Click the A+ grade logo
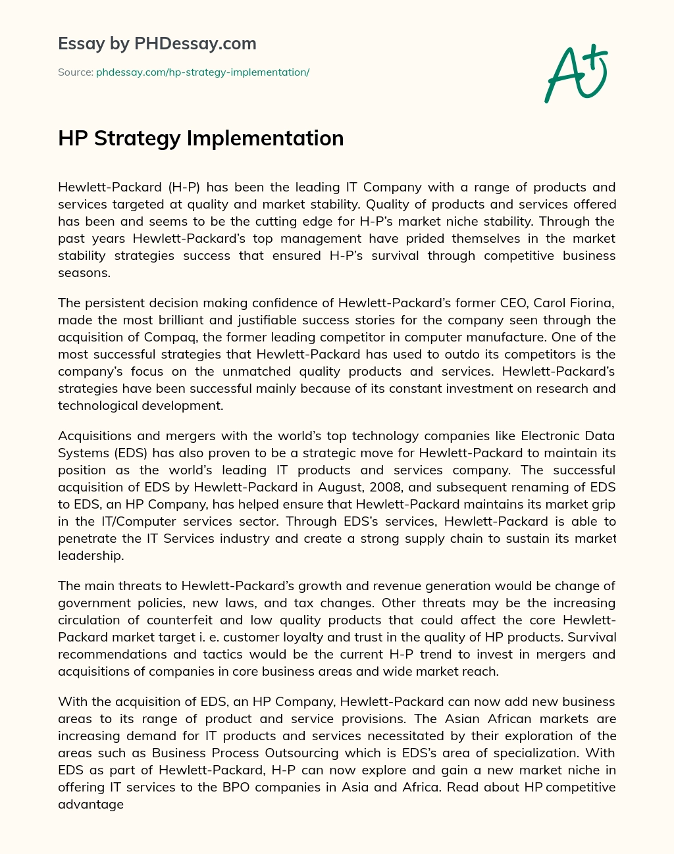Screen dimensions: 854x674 pyautogui.click(x=575, y=74)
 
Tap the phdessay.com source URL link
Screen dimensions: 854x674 pyautogui.click(x=203, y=72)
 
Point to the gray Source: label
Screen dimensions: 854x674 pyautogui.click(x=76, y=72)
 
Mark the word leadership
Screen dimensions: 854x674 pyautogui.click(x=90, y=555)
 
